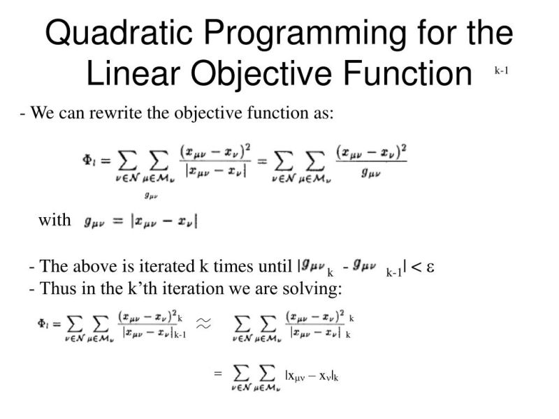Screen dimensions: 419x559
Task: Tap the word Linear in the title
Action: [x=128, y=73]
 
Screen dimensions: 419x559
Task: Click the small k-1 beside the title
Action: [x=501, y=70]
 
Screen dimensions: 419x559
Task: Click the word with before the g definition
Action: [x=55, y=221]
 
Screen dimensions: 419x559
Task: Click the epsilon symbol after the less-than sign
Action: [x=431, y=267]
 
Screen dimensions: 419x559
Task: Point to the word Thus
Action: [x=56, y=287]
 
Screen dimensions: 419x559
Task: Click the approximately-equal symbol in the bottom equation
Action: [x=203, y=323]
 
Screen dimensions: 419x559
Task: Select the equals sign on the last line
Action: [x=217, y=374]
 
